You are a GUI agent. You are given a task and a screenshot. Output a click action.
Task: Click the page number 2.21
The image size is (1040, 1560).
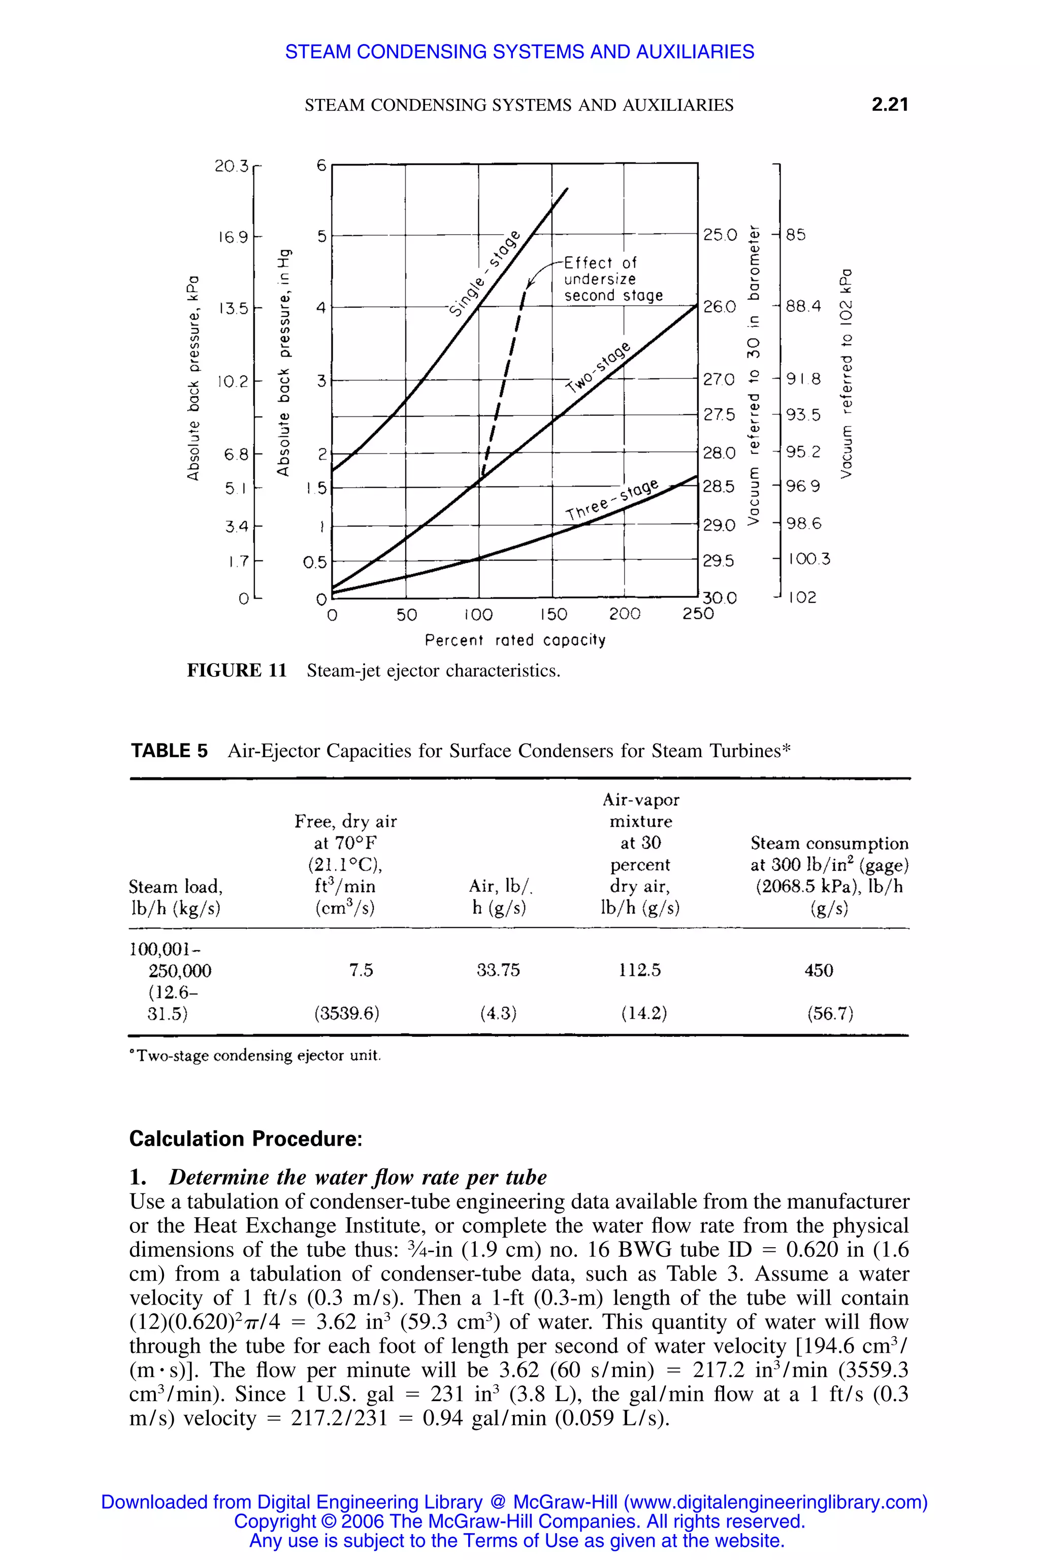point(890,104)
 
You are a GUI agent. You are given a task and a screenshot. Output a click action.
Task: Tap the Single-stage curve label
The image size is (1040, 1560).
point(485,273)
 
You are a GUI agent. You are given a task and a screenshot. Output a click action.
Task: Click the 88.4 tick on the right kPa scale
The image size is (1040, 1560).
point(803,306)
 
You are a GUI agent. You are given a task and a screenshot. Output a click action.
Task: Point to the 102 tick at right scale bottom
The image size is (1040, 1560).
point(802,598)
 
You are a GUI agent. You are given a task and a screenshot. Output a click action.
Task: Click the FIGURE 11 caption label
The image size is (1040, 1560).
point(237,670)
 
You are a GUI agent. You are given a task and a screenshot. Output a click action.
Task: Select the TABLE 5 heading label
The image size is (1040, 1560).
point(169,751)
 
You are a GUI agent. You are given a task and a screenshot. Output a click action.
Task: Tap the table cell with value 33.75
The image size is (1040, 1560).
point(498,970)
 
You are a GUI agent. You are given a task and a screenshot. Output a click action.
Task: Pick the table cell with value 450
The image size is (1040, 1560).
point(819,970)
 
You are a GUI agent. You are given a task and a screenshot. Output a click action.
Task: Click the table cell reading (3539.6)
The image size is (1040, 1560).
point(347,1014)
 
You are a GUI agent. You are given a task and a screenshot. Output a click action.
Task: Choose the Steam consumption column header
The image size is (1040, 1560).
point(829,875)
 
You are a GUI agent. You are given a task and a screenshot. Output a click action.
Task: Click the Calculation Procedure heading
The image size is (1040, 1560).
point(245,1139)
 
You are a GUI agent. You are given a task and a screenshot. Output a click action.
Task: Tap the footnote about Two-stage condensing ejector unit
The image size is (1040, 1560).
point(255,1055)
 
